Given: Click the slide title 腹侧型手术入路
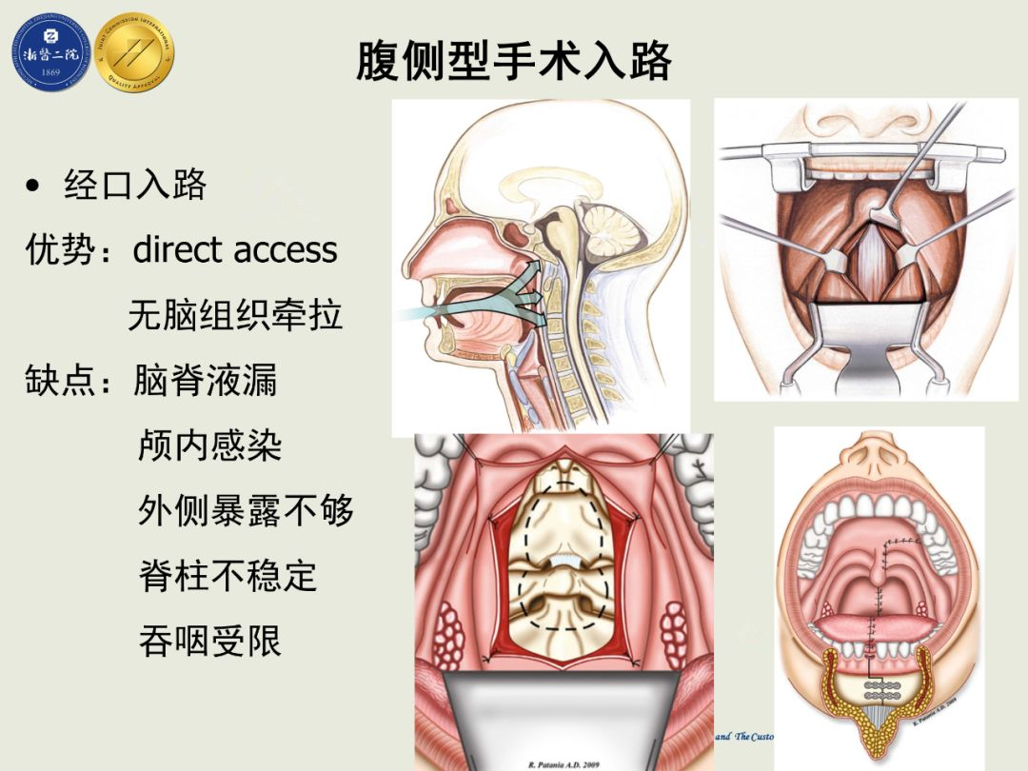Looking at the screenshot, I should coord(514,59).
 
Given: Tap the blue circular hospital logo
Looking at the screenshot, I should coord(50,53).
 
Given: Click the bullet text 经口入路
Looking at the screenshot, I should coord(135,185).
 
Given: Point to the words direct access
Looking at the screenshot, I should coord(235,250).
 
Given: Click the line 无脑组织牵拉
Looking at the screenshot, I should coord(235,315).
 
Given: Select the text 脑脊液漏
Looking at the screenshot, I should coord(206,381).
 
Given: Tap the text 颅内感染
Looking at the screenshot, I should coord(210,445).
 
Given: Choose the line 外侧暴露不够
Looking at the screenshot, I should coord(246,511).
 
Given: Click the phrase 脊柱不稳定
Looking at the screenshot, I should coord(227,576).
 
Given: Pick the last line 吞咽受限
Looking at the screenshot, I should coord(210,642).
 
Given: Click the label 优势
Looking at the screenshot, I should coord(61,250).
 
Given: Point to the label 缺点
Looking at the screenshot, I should coord(61,381).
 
